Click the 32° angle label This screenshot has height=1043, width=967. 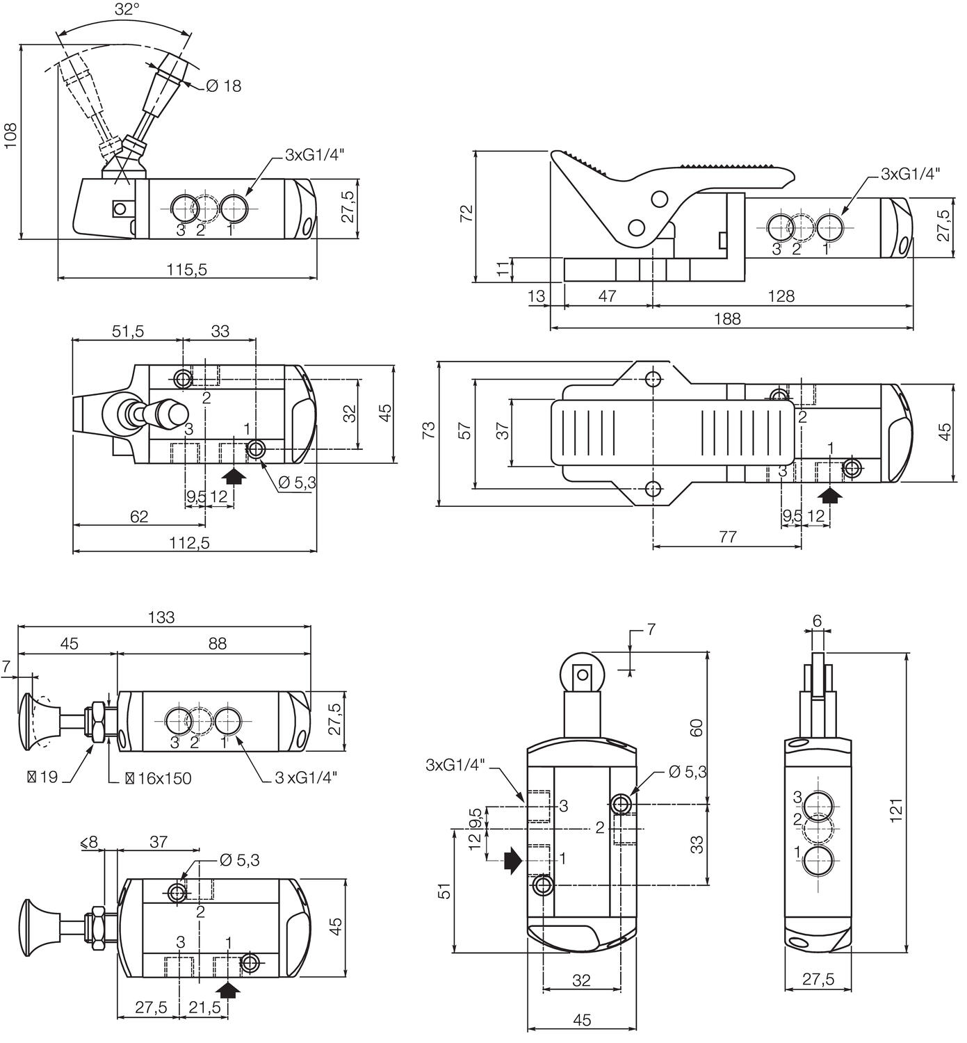(x=127, y=9)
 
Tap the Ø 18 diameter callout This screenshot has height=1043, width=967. (x=223, y=86)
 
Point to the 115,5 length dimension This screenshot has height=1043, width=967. (x=186, y=269)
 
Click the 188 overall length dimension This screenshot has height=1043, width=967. (x=727, y=318)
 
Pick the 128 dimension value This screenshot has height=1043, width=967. (x=781, y=296)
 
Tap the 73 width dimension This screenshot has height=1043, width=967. (x=429, y=430)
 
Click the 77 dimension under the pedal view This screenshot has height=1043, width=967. (x=727, y=537)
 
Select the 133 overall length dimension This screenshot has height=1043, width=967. (x=161, y=617)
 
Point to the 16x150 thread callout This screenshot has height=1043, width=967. (x=158, y=777)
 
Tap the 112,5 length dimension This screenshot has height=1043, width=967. (x=189, y=542)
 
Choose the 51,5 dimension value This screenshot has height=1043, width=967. (x=128, y=331)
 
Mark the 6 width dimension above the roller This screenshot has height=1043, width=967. (x=817, y=620)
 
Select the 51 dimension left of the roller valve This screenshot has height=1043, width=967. (x=444, y=890)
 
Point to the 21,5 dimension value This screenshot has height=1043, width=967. (x=204, y=1008)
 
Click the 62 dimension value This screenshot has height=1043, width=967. (x=139, y=516)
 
